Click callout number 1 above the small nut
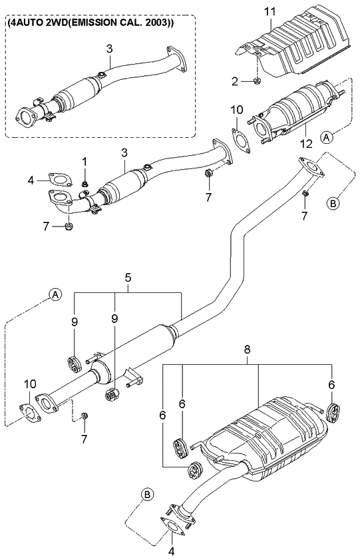click(85, 161)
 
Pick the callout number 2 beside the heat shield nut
click(234, 82)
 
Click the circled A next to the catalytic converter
click(327, 137)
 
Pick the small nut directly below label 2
click(256, 83)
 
